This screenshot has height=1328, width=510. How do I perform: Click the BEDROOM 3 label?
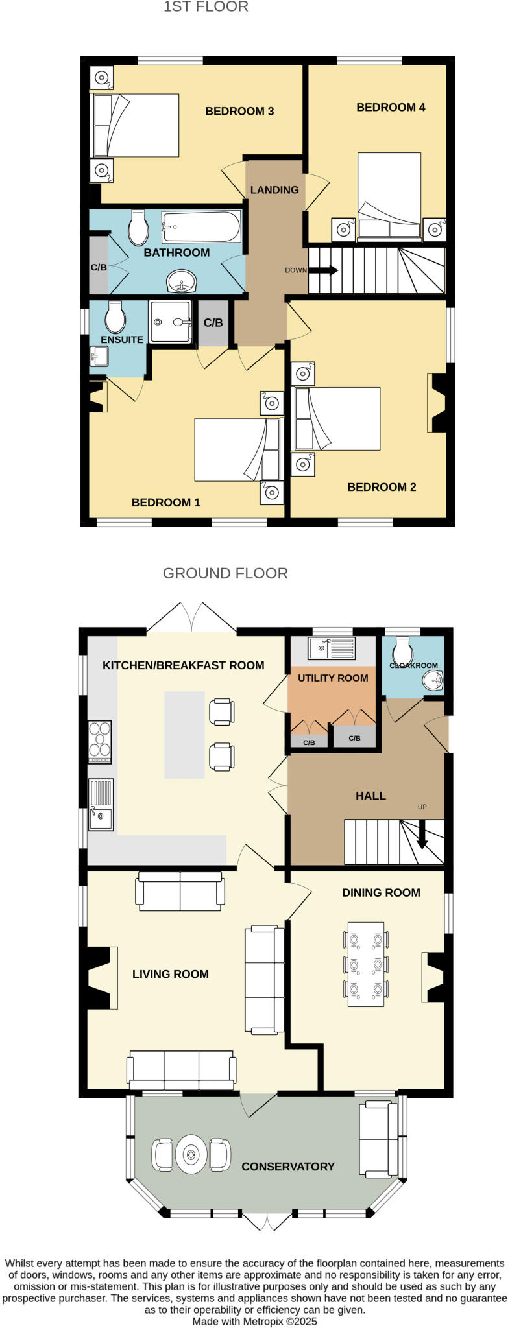(239, 111)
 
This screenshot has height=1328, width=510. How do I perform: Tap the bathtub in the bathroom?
(201, 226)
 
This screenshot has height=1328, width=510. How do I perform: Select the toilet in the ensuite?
(115, 316)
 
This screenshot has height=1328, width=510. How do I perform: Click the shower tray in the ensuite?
(170, 321)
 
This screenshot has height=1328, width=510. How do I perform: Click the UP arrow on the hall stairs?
(422, 834)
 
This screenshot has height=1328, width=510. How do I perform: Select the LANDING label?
(274, 190)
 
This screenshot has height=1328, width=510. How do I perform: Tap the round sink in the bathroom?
(181, 281)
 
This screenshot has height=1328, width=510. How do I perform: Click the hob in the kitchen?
(100, 742)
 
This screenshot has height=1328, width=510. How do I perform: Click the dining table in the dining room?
(366, 964)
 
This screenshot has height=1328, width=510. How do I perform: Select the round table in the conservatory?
(191, 1154)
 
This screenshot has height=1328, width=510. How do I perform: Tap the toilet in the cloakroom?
(402, 648)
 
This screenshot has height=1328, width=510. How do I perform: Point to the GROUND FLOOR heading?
(225, 573)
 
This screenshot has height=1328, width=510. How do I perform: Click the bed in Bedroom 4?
(389, 195)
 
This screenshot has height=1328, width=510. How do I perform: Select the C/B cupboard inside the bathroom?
(99, 267)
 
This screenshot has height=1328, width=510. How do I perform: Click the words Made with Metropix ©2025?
(254, 1321)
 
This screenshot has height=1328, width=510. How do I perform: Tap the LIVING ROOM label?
(170, 974)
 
